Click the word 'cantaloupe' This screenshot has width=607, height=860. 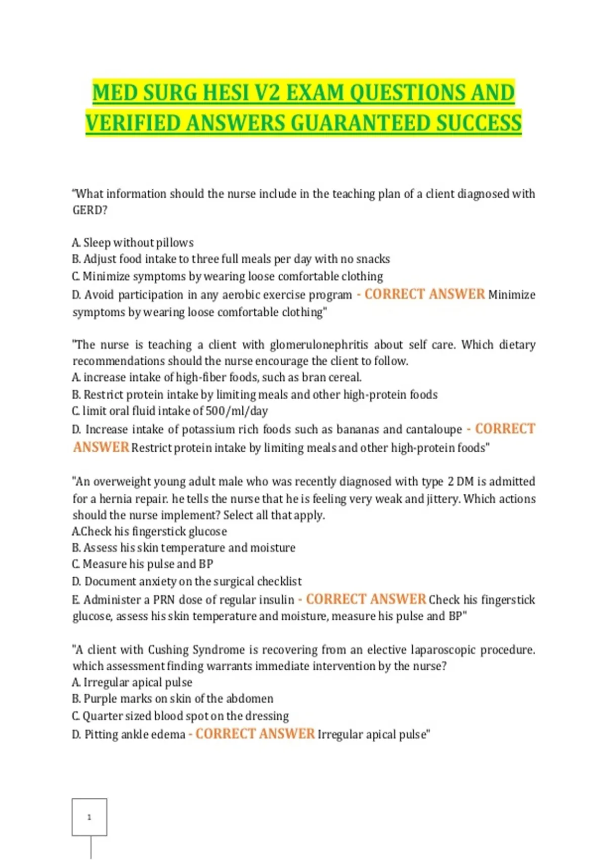[434, 429]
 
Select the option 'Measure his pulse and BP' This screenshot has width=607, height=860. [147, 564]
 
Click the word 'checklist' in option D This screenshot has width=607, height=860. [279, 581]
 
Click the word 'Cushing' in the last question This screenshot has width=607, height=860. [168, 650]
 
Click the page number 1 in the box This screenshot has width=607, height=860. [90, 817]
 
